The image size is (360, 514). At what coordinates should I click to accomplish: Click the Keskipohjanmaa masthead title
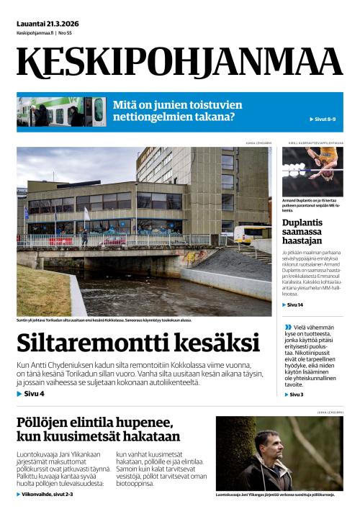179,63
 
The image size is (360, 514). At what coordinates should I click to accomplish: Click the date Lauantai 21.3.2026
48,24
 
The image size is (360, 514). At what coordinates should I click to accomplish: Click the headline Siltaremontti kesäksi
138,343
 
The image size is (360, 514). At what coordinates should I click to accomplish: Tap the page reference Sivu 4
31,394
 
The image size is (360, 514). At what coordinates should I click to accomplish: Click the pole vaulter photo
312,171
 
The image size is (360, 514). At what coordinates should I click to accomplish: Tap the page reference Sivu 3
294,394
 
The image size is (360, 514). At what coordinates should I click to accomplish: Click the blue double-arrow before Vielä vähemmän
288,328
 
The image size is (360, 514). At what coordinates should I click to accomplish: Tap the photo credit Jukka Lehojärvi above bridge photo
258,143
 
